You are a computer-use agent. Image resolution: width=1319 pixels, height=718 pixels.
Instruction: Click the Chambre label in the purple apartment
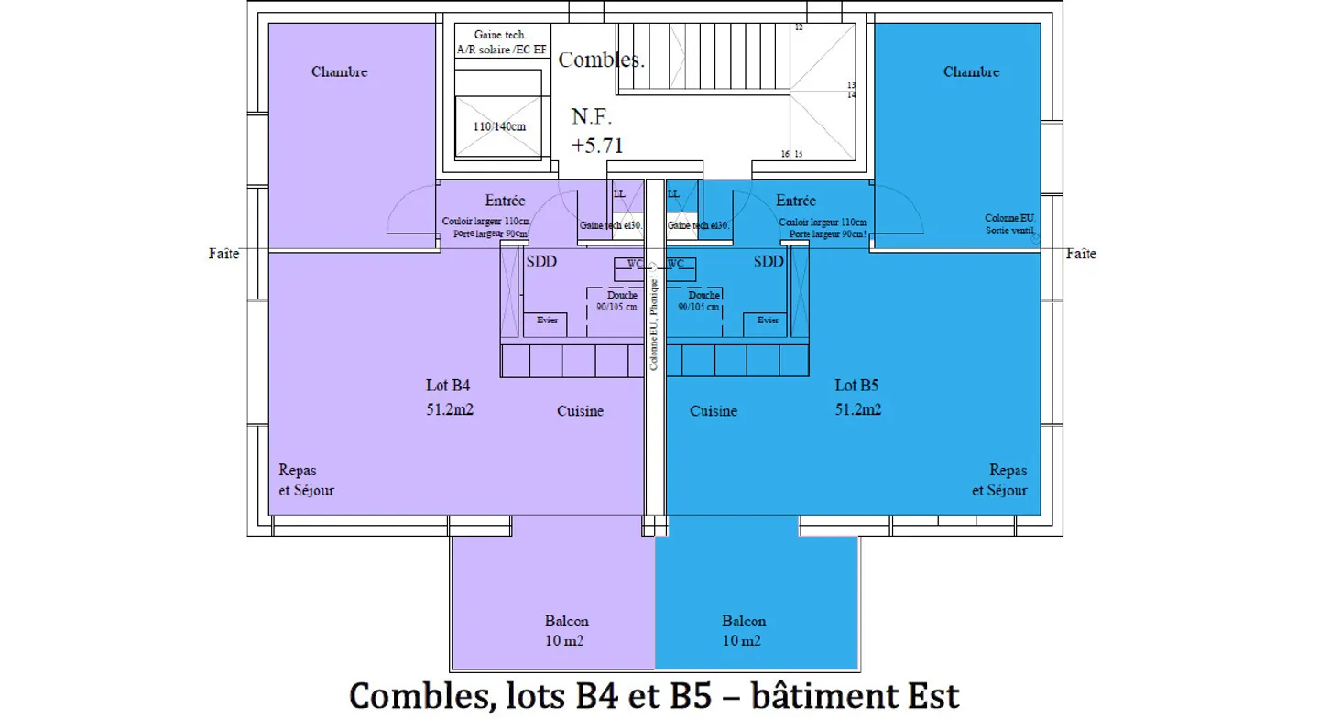pyautogui.click(x=339, y=71)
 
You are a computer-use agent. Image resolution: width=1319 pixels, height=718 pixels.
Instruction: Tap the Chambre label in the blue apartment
pyautogui.click(x=971, y=71)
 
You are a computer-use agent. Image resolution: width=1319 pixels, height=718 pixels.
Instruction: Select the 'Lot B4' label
pyautogui.click(x=449, y=386)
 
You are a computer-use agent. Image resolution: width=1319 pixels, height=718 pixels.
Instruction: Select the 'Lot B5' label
pyautogui.click(x=857, y=386)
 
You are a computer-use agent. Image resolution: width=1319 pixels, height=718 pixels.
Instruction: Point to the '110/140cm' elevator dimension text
pyautogui.click(x=499, y=126)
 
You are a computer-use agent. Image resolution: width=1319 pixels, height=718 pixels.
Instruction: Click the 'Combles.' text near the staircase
pyautogui.click(x=602, y=60)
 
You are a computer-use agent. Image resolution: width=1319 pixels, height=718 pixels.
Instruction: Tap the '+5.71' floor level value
pyautogui.click(x=597, y=145)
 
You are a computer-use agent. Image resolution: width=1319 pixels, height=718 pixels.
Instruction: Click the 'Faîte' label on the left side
pyautogui.click(x=223, y=254)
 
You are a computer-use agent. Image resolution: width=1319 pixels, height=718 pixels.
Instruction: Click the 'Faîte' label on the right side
pyautogui.click(x=1081, y=254)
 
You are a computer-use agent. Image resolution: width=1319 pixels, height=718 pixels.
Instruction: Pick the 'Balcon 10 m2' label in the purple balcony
pyautogui.click(x=566, y=630)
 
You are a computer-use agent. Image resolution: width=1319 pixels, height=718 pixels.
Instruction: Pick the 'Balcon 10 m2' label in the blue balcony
pyautogui.click(x=743, y=630)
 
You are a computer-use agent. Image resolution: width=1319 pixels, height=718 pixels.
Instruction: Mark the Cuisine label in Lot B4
pyautogui.click(x=580, y=411)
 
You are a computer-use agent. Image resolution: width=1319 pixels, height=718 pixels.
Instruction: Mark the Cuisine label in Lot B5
pyautogui.click(x=714, y=411)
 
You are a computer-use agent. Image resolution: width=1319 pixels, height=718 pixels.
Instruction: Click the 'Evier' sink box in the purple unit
pyautogui.click(x=546, y=321)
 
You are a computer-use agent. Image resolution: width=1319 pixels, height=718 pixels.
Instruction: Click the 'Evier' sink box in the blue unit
pyautogui.click(x=767, y=321)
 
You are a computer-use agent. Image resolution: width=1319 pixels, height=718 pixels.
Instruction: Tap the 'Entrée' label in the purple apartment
pyautogui.click(x=505, y=201)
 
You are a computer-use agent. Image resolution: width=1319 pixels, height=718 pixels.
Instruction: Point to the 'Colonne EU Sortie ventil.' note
pyautogui.click(x=1009, y=223)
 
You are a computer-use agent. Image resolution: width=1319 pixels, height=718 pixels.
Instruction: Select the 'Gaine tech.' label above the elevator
pyautogui.click(x=500, y=35)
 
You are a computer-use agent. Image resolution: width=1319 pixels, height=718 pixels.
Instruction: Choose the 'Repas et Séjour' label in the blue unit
pyautogui.click(x=1000, y=480)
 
